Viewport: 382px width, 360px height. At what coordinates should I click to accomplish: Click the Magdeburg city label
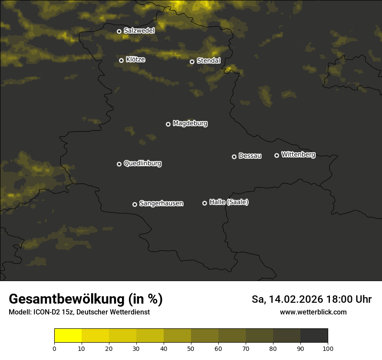tap(190, 124)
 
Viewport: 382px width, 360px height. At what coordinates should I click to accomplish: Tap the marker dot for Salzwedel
tap(119, 31)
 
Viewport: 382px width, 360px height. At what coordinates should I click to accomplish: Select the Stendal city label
tap(209, 61)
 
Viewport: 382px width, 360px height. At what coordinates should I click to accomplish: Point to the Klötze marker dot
tap(122, 60)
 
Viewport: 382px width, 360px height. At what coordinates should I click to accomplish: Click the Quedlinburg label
tap(142, 164)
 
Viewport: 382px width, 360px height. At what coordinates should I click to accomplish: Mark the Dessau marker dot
tap(234, 157)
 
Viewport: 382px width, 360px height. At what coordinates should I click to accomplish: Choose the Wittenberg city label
tap(298, 154)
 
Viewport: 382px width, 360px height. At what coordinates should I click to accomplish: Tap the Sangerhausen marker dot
tap(135, 204)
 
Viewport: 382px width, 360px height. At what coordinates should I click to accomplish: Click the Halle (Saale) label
tap(229, 202)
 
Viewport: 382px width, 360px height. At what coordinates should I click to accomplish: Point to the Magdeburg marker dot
tap(168, 124)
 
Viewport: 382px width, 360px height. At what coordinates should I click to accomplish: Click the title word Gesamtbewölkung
tap(67, 299)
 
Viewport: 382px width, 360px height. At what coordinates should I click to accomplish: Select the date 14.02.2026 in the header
tap(295, 299)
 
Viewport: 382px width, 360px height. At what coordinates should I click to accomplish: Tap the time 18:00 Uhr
tap(350, 299)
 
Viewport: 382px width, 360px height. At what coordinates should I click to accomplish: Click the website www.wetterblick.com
tap(313, 312)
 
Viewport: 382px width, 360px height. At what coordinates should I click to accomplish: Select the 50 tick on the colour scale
tap(191, 348)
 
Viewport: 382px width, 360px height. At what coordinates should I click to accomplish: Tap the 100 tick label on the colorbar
tap(328, 348)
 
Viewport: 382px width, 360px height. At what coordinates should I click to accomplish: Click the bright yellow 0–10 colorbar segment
tap(68, 336)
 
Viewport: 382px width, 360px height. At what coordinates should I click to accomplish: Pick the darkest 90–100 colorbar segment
tap(314, 336)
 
